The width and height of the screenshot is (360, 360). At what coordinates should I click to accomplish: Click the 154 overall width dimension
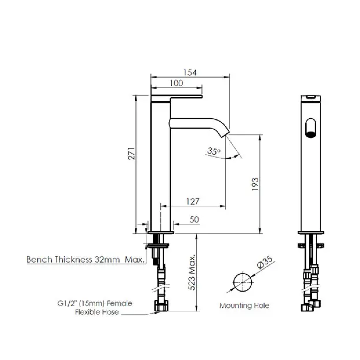click(190, 72)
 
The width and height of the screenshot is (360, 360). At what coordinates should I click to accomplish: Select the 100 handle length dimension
click(176, 83)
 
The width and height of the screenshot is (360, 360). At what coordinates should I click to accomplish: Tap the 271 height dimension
click(132, 153)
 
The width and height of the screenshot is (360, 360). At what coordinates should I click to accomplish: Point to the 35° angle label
click(214, 151)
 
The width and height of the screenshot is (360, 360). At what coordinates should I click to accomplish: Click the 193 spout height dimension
click(255, 184)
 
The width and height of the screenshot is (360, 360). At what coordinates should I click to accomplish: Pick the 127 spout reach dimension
click(193, 201)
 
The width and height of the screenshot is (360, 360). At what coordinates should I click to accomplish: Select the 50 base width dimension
click(194, 219)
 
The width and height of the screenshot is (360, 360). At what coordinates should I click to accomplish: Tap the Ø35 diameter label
click(265, 264)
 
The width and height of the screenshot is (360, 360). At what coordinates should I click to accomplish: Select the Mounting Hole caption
click(244, 305)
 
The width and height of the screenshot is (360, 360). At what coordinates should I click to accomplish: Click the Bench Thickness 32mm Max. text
click(86, 259)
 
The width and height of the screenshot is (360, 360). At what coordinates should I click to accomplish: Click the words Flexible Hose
click(97, 312)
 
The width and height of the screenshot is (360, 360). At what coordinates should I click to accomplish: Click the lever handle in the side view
click(177, 97)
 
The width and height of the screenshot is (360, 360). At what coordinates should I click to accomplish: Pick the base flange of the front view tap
click(311, 232)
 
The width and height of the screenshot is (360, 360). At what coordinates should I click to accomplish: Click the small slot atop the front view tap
click(310, 97)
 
